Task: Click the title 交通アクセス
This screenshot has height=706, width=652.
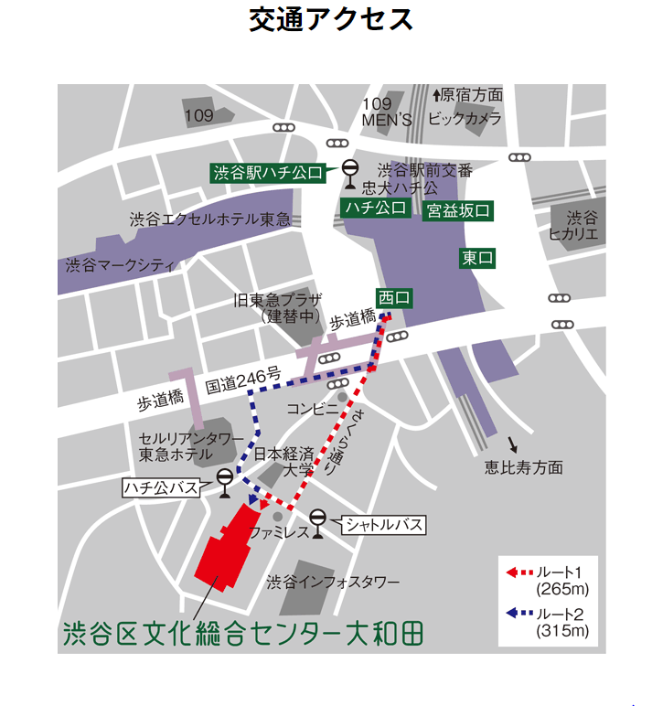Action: pyautogui.click(x=331, y=20)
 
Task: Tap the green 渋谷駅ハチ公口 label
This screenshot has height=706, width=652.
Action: pyautogui.click(x=269, y=172)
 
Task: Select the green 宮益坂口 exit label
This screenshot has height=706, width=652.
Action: pyautogui.click(x=458, y=211)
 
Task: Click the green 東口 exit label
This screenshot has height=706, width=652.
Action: pyautogui.click(x=477, y=259)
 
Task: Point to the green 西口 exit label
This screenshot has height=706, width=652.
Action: pyautogui.click(x=395, y=297)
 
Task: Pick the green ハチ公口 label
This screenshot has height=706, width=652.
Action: pyautogui.click(x=375, y=209)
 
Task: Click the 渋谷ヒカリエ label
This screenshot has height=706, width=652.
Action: pyautogui.click(x=581, y=226)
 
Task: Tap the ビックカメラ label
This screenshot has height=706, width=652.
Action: pyautogui.click(x=465, y=119)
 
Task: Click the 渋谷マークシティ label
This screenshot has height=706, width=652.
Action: pyautogui.click(x=120, y=265)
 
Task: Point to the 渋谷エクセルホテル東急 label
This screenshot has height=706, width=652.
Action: pyautogui.click(x=210, y=219)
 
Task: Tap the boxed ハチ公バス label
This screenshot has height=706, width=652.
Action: pyautogui.click(x=161, y=487)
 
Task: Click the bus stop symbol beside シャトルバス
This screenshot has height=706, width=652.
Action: pyautogui.click(x=317, y=519)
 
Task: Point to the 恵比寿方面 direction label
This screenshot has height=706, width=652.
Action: pyautogui.click(x=524, y=467)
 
